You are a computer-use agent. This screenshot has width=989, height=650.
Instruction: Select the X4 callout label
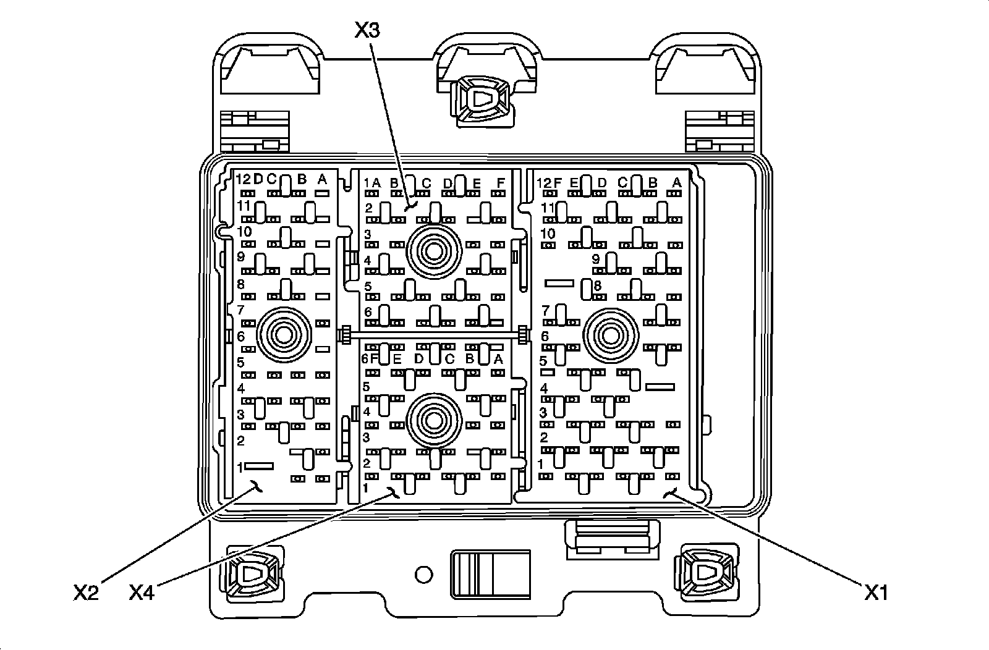click(142, 593)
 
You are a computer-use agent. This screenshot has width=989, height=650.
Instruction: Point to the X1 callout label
click(877, 593)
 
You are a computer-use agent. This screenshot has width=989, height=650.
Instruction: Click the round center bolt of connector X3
click(434, 251)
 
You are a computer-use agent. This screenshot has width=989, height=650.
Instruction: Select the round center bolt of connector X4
click(434, 420)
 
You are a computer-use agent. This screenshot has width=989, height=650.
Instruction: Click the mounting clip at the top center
click(483, 99)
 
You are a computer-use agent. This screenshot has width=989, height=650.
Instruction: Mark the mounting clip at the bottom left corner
click(253, 573)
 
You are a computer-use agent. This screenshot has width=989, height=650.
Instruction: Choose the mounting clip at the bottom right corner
click(707, 573)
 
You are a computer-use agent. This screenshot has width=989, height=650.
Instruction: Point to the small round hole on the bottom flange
click(423, 575)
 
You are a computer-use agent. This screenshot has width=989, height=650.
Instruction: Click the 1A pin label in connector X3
click(371, 183)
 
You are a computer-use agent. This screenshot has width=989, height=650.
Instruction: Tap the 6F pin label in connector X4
click(370, 358)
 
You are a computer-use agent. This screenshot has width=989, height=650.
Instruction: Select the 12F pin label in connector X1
click(550, 182)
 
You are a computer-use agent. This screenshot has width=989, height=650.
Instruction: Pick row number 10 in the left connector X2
click(244, 232)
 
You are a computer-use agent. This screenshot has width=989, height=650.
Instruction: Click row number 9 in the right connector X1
click(596, 259)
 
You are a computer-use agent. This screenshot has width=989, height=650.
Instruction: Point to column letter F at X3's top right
click(501, 183)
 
